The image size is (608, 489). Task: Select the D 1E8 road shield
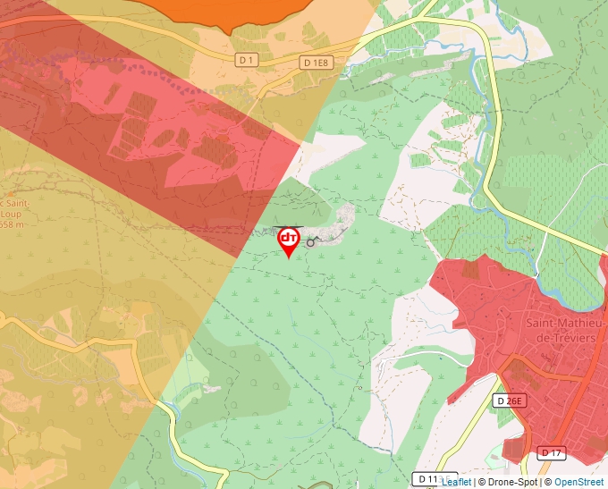pos(317,63)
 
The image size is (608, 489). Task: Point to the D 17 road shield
pos(552,453)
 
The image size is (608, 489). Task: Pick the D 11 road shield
pos(427,480)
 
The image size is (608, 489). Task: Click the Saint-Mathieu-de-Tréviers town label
pos(565,330)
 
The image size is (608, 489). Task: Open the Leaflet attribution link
pos(456,482)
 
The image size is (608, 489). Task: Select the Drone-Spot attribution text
pos(512,482)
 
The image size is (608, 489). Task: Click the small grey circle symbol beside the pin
pos(310,242)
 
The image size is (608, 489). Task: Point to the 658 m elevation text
pos(12,225)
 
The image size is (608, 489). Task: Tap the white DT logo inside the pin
pos(289,238)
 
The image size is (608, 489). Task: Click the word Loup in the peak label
pos(12,215)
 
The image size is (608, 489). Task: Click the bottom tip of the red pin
pos(289,258)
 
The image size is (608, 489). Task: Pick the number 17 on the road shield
pos(555,453)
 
